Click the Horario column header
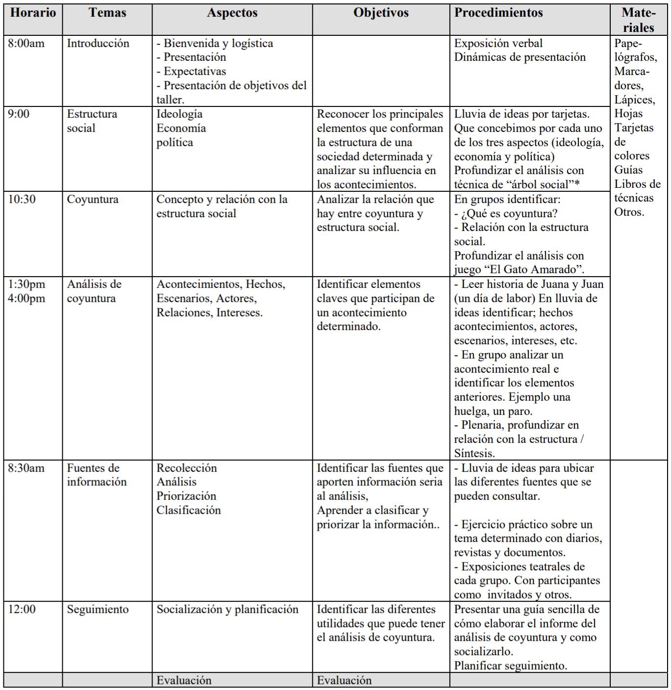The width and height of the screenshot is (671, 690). tap(33, 13)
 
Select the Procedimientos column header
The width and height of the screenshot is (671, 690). tap(498, 13)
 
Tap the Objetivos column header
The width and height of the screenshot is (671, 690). tap(381, 13)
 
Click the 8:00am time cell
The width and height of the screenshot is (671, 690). tap(26, 43)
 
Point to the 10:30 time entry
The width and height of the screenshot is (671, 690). tap(22, 199)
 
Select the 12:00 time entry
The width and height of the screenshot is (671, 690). tap(22, 609)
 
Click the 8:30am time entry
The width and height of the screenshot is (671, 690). tap(26, 468)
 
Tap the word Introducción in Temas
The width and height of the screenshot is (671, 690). tap(98, 43)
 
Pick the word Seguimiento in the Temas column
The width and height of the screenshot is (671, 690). tap(98, 609)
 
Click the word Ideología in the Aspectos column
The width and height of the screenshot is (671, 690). tap(179, 114)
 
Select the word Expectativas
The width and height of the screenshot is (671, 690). tap(195, 71)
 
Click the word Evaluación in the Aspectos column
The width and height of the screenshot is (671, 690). tap(184, 680)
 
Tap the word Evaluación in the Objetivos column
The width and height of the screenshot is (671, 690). tap(344, 680)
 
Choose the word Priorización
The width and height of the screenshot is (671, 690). tap(186, 496)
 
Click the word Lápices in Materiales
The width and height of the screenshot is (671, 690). tap(634, 100)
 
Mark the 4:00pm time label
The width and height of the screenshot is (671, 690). tap(26, 298)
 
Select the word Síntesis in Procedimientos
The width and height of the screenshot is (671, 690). tap(474, 453)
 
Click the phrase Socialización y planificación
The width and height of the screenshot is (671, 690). tap(227, 609)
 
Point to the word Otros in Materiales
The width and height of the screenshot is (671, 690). tap(629, 212)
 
